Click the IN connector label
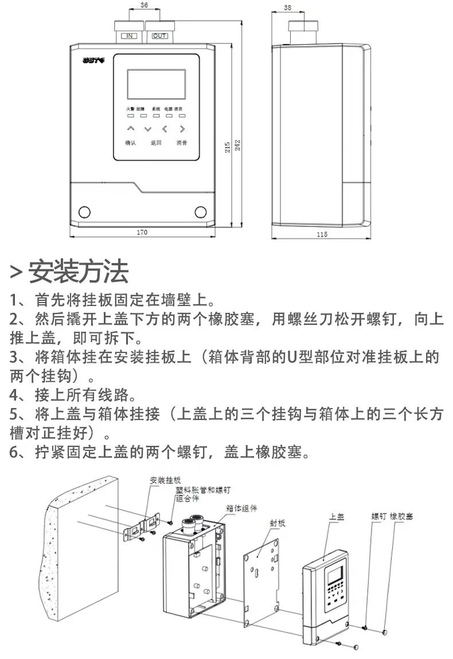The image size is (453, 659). pyautogui.click(x=130, y=36)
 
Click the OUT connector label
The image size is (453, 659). pyautogui.click(x=159, y=36)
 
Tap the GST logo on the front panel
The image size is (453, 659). pyautogui.click(x=91, y=59)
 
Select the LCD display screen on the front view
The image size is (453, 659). pyautogui.click(x=156, y=84)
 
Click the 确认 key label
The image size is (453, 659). pyautogui.click(x=131, y=143)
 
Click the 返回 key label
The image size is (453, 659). pyautogui.click(x=156, y=143)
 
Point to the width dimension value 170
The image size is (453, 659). pyautogui.click(x=142, y=232)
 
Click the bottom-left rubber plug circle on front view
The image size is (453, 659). pyautogui.click(x=84, y=212)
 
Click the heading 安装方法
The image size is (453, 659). pyautogui.click(x=78, y=271)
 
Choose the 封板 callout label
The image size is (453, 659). pyautogui.click(x=278, y=523)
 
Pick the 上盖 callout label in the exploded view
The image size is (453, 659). pyautogui.click(x=337, y=516)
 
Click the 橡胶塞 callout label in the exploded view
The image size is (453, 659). pyautogui.click(x=401, y=516)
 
